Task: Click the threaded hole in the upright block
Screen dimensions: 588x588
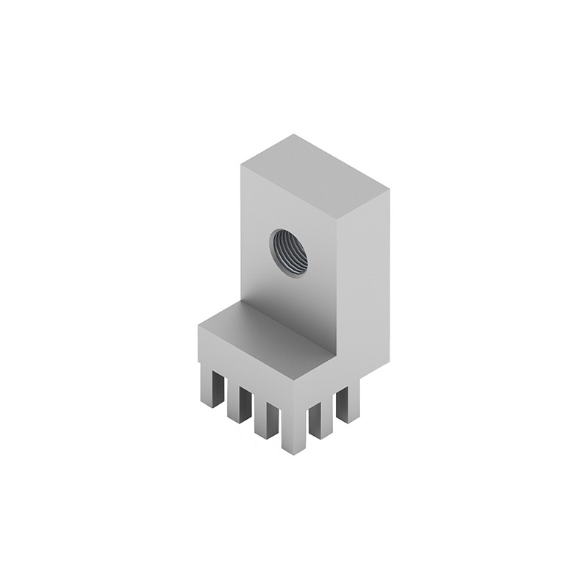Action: point(289,252)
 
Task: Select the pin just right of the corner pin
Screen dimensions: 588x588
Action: point(320,420)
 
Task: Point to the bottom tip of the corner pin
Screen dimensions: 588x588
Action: point(293,452)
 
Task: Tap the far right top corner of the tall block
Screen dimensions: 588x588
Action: point(389,190)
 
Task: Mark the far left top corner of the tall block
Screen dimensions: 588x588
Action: point(242,165)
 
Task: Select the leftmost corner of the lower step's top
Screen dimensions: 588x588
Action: point(198,327)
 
